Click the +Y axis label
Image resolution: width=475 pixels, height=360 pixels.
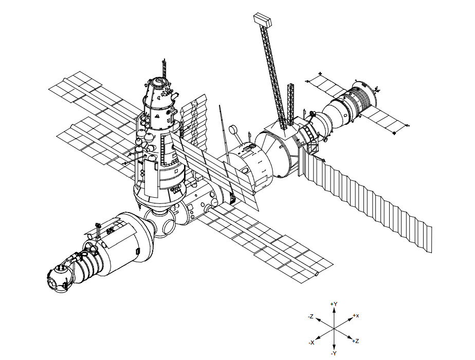click(334, 304)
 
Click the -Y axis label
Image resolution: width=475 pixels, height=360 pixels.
click(334, 353)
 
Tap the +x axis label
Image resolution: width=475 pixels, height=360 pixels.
click(356, 315)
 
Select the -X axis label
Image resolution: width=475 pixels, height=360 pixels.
click(312, 343)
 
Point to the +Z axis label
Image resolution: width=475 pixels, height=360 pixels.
click(356, 341)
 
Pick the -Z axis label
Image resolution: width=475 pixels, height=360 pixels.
click(310, 317)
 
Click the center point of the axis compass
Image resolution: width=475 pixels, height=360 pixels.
click(334, 329)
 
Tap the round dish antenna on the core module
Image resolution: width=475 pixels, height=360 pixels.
click(233, 129)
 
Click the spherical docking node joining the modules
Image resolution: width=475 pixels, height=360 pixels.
click(160, 222)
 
